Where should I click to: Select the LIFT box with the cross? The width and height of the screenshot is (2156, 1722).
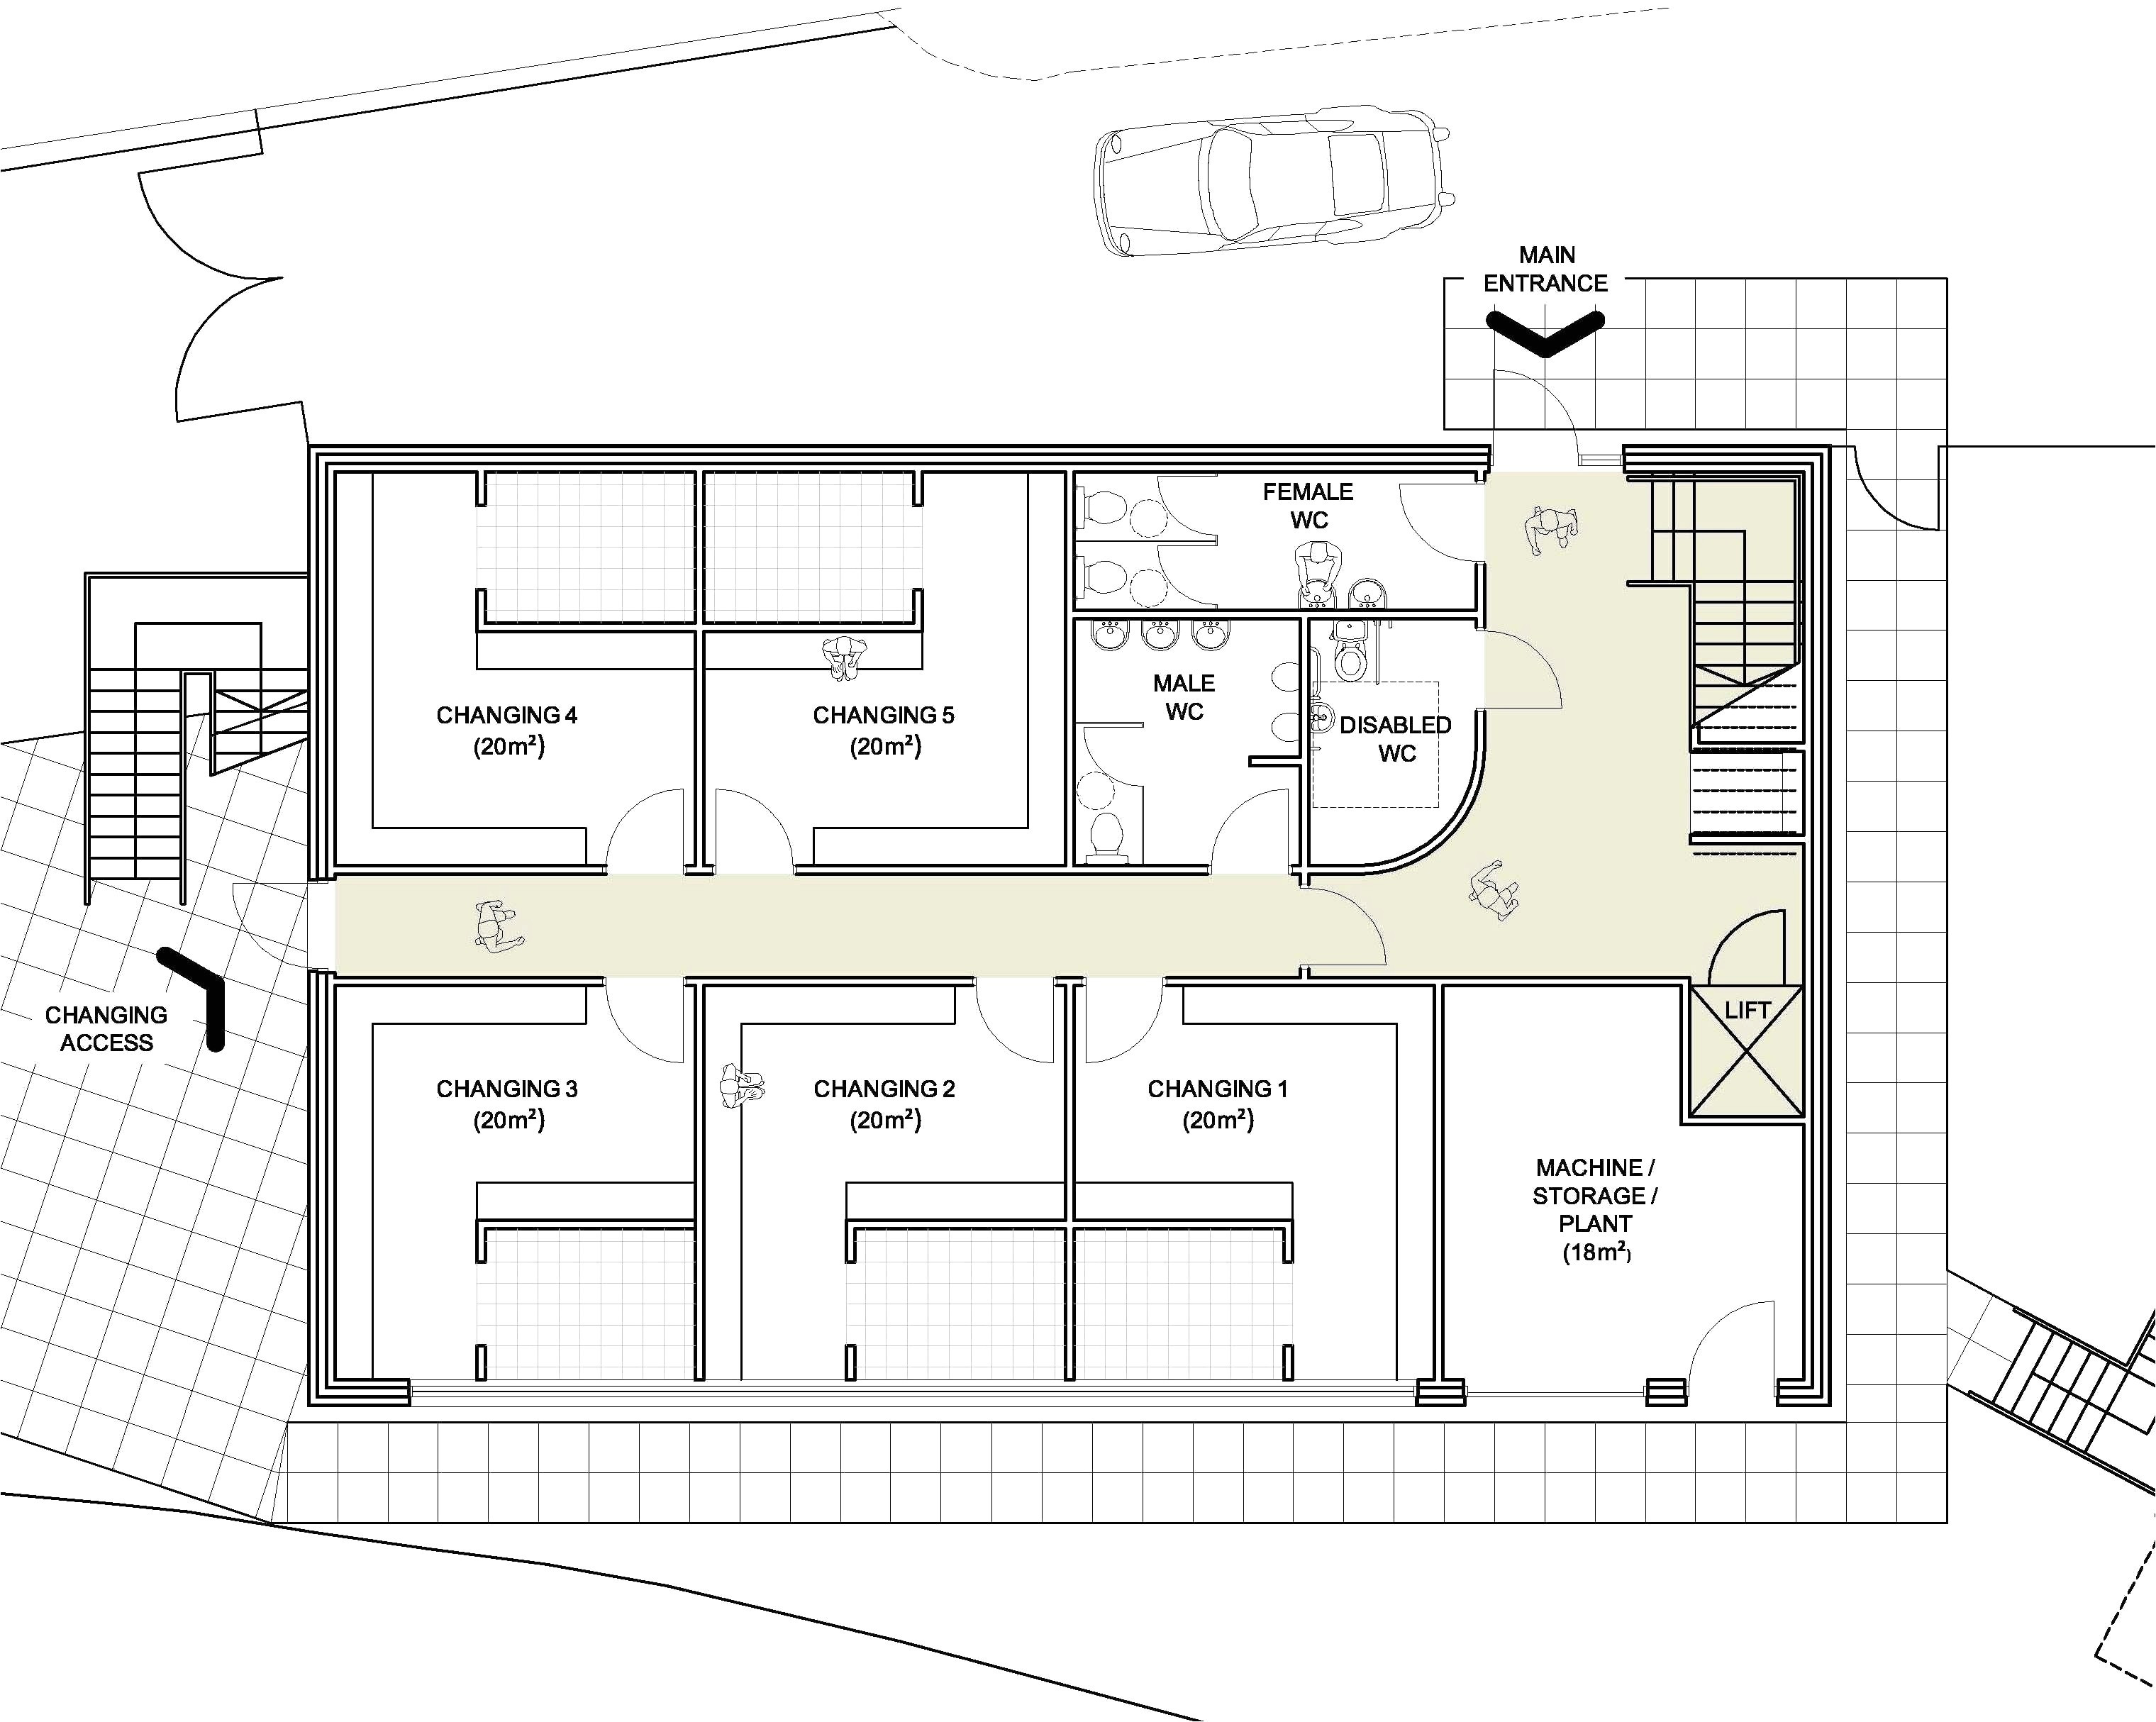coord(1746,1052)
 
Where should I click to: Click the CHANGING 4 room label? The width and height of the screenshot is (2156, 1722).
coord(507,730)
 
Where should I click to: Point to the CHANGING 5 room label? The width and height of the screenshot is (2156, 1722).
coord(883,730)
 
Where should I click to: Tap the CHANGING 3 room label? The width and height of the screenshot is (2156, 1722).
coord(507,1103)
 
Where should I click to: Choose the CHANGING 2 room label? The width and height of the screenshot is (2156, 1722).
coord(884,1103)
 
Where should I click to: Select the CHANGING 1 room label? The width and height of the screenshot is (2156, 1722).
coord(1217,1103)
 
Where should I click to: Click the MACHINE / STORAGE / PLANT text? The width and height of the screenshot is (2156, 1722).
coord(1595,1209)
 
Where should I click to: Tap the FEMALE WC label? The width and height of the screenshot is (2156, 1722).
coord(1308,505)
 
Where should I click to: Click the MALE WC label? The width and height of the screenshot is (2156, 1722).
coord(1184,697)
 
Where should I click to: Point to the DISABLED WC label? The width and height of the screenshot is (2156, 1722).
coord(1395,738)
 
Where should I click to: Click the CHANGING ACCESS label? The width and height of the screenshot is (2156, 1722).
coord(106,1028)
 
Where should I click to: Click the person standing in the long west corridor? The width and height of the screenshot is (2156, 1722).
coord(497,926)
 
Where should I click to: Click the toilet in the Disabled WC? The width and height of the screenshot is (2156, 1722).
coord(1351,661)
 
